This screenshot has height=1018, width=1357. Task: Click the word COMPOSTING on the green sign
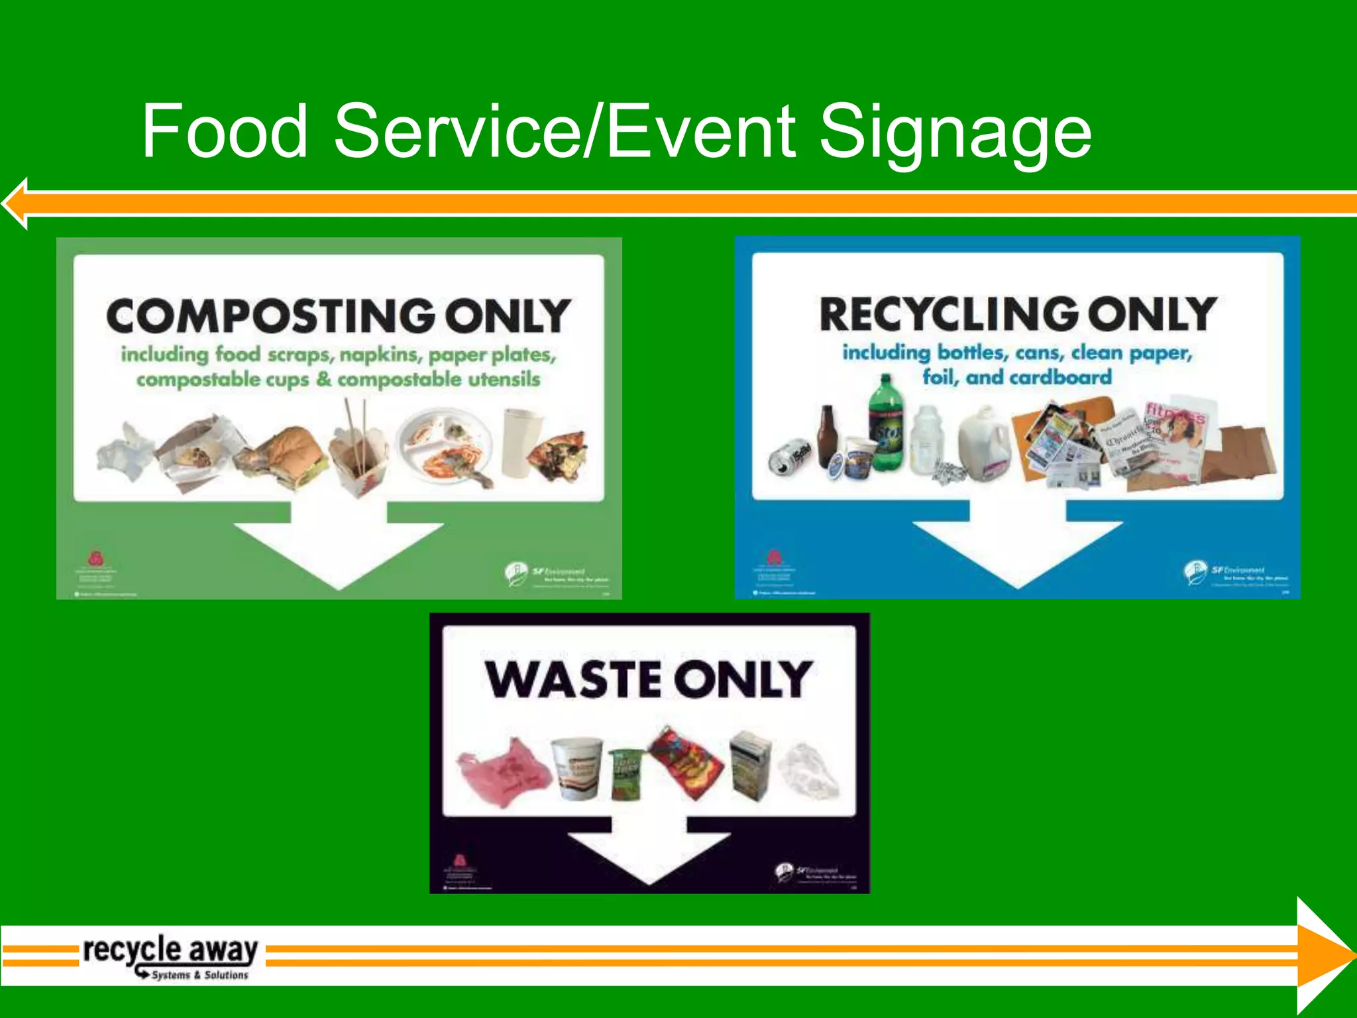(270, 316)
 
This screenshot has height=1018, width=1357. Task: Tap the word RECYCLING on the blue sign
(949, 314)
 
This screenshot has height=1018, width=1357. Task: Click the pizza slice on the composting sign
(555, 455)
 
